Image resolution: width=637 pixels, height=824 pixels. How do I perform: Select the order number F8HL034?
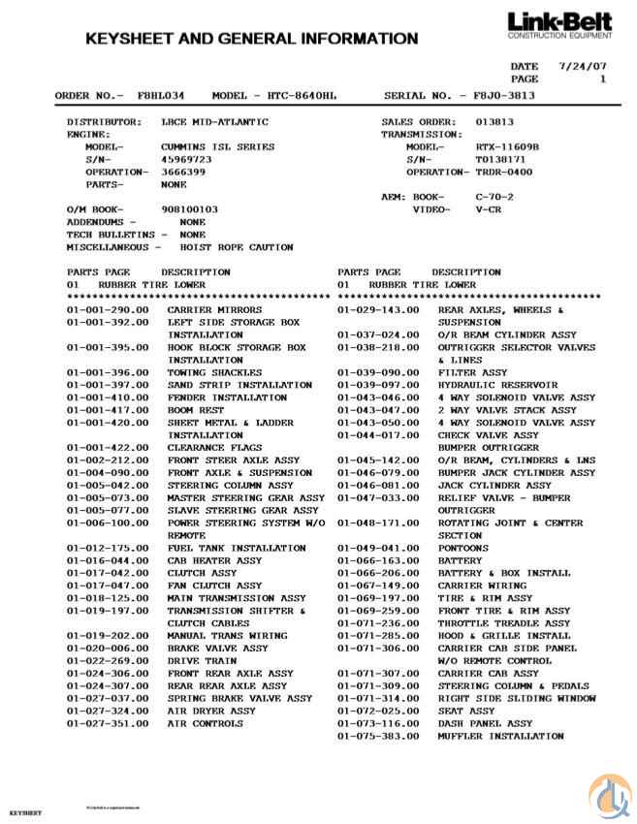click(162, 96)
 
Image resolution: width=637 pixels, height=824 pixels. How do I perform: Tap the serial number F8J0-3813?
click(504, 96)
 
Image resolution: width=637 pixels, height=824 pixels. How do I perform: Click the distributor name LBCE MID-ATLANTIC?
click(214, 122)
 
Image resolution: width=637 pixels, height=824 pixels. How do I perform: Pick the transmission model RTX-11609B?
click(507, 146)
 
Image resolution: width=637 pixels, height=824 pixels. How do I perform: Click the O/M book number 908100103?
click(189, 209)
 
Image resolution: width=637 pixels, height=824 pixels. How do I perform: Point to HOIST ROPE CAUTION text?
click(237, 247)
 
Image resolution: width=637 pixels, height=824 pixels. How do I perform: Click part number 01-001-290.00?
click(108, 310)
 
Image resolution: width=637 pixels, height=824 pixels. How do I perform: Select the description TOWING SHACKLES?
click(214, 372)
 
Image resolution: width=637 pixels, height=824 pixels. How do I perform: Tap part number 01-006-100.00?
click(108, 523)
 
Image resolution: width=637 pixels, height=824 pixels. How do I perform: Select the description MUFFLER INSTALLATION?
click(500, 736)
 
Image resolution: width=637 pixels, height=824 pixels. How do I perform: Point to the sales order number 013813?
click(494, 122)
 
